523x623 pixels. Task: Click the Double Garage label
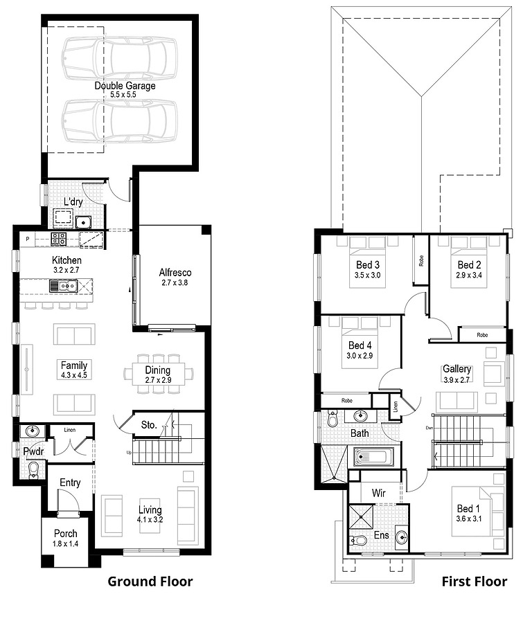pos(125,86)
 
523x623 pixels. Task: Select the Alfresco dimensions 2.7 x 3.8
pos(175,282)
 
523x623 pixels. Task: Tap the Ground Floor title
pos(150,581)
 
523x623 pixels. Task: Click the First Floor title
pos(474,581)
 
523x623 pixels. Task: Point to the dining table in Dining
pos(158,375)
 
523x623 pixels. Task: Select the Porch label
pos(67,534)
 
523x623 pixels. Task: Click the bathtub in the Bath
pos(373,457)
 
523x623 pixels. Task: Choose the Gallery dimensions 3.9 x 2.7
pos(456,379)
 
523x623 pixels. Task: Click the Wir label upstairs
pos(378,494)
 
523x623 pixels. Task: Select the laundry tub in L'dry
pos(84,222)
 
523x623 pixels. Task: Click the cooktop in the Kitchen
pos(59,240)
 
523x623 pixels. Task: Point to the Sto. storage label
pos(148,425)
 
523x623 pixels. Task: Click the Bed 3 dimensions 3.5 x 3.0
pos(367,275)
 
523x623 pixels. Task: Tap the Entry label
pos(70,482)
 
